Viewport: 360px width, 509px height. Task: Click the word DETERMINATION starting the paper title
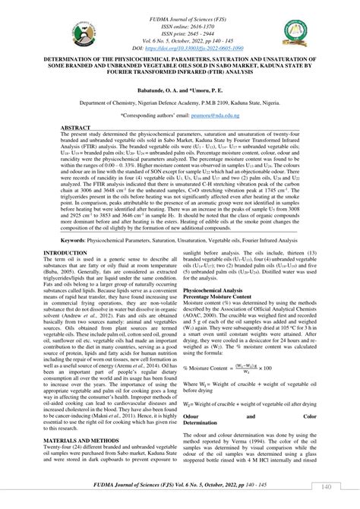[x=75, y=58]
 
